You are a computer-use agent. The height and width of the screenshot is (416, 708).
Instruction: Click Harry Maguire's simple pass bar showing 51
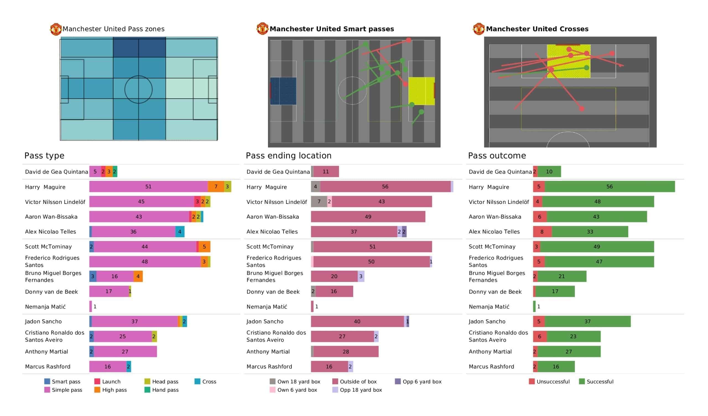(148, 187)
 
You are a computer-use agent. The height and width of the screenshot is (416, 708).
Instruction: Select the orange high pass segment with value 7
(216, 187)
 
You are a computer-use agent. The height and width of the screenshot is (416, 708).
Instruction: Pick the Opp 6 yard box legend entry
(418, 382)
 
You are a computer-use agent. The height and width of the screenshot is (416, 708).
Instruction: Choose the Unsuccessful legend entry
(549, 382)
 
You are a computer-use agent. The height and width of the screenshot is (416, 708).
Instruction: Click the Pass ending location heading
(288, 156)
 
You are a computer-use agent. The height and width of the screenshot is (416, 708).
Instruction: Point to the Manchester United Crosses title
(537, 29)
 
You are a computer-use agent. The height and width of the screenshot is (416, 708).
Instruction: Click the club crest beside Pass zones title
(56, 29)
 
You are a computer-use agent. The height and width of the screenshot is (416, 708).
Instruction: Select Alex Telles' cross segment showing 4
(180, 232)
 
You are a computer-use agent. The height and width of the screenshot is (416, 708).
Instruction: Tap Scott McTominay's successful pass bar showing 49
(597, 247)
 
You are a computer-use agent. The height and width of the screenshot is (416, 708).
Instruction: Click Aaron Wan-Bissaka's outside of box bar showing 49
(368, 217)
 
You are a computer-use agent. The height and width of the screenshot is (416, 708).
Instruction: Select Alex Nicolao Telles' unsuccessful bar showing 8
(542, 232)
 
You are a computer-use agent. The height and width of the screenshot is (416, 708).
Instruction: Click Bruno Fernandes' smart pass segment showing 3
(93, 277)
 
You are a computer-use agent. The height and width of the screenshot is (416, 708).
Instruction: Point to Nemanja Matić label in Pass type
(45, 307)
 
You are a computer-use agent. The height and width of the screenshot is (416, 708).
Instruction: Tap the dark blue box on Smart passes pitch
(283, 91)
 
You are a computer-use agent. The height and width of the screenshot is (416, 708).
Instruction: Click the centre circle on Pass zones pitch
(139, 90)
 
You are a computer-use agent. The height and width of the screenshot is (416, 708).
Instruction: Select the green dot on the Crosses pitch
(587, 68)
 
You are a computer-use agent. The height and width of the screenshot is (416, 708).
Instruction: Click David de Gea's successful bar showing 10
(549, 172)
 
